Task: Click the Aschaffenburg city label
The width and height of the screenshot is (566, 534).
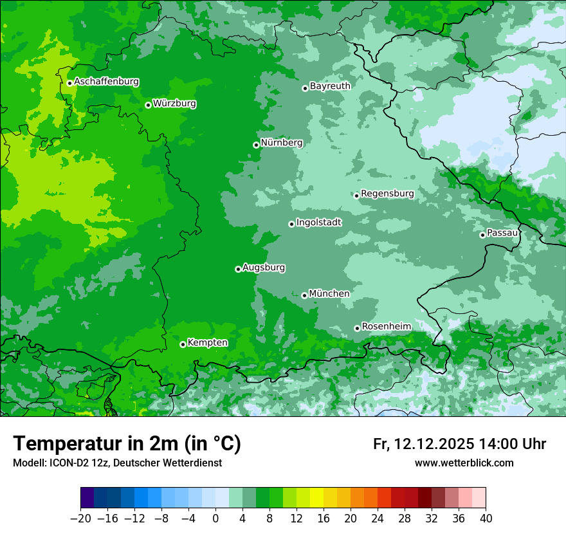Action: pos(106,82)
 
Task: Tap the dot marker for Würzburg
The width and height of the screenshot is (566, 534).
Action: pos(148,105)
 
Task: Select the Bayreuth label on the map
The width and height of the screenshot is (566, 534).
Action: pos(330,86)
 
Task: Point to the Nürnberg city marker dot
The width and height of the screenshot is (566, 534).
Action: pos(256,145)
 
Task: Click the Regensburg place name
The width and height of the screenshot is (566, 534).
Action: pos(387,193)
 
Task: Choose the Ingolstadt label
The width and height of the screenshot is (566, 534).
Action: pos(318,222)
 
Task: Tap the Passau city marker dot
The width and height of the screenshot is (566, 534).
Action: pos(482,235)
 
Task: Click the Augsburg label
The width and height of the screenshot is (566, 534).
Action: pos(264,267)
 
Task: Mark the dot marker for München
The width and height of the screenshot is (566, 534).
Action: pos(304,295)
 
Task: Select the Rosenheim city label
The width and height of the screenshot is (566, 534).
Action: pos(386,326)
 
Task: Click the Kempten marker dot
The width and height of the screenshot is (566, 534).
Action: pos(183,344)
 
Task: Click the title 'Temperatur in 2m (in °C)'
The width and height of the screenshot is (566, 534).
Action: pos(127,443)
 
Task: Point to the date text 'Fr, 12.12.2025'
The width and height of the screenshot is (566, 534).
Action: pos(423,444)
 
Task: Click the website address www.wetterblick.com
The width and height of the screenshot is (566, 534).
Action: pos(464,463)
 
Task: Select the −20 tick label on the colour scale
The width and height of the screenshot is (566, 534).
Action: pos(80,519)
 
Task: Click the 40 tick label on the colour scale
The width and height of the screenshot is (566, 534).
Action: pos(486,519)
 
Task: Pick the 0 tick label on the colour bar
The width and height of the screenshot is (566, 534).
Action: pos(215,519)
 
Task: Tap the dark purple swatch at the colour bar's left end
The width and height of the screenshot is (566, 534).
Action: pos(87,498)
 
